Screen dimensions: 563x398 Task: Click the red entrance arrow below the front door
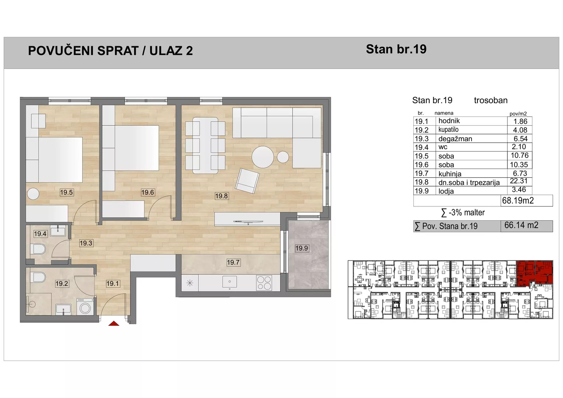click(x=114, y=324)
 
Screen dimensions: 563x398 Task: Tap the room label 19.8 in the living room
click(x=222, y=196)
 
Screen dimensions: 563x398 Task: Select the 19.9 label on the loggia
click(x=301, y=248)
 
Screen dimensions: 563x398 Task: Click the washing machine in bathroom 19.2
click(x=85, y=307)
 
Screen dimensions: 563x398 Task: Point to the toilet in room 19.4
click(x=38, y=249)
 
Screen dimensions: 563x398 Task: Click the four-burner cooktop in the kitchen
click(x=264, y=283)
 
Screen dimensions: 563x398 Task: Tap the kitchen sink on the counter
click(x=229, y=282)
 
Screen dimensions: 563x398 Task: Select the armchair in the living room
click(x=247, y=181)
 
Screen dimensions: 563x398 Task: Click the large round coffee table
click(x=263, y=157)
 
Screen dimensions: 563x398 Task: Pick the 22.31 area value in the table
click(x=518, y=181)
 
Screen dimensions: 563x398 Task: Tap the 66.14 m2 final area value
click(x=521, y=225)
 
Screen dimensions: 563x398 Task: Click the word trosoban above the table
click(x=491, y=100)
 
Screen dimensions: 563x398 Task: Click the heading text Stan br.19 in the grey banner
click(x=396, y=49)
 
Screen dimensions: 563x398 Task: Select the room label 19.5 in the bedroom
click(x=66, y=192)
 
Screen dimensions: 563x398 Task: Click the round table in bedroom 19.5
click(x=33, y=194)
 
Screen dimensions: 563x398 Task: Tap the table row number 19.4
click(x=421, y=147)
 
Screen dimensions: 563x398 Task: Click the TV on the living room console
click(x=248, y=222)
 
